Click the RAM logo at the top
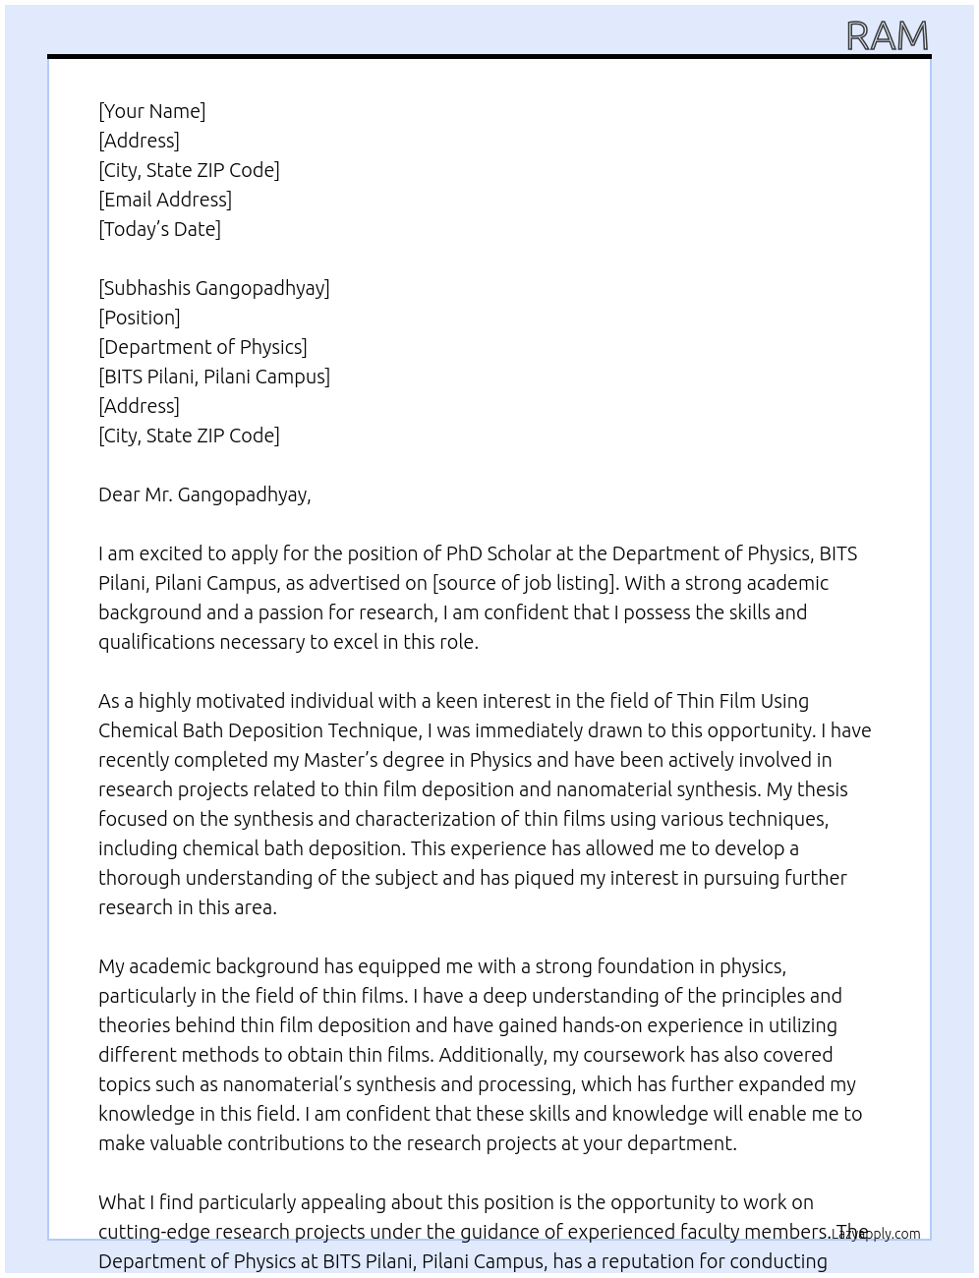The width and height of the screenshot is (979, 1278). [x=887, y=36]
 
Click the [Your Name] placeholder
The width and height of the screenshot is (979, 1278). [x=151, y=111]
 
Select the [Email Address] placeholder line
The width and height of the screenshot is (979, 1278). [x=165, y=200]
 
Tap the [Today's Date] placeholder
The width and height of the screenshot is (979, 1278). [x=159, y=229]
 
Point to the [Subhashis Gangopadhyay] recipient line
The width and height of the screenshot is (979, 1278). [x=214, y=288]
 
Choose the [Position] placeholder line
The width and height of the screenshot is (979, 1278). [x=140, y=318]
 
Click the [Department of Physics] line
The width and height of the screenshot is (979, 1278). [x=202, y=347]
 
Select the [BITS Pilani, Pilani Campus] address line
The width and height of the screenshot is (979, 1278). [x=214, y=377]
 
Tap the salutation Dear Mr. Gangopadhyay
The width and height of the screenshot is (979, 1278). [x=204, y=494]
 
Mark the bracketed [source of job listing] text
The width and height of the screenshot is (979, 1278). [x=525, y=583]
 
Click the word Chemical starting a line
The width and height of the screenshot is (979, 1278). [x=138, y=730]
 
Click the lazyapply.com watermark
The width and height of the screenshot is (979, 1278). [x=876, y=1234]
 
